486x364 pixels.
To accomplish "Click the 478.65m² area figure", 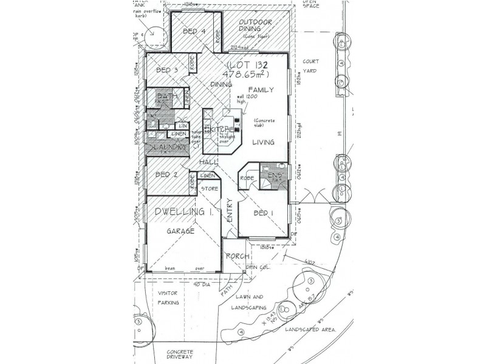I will pos(256,75).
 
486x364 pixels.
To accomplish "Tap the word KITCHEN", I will pos(223,129).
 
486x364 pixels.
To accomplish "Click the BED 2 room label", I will pos(166,175).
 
